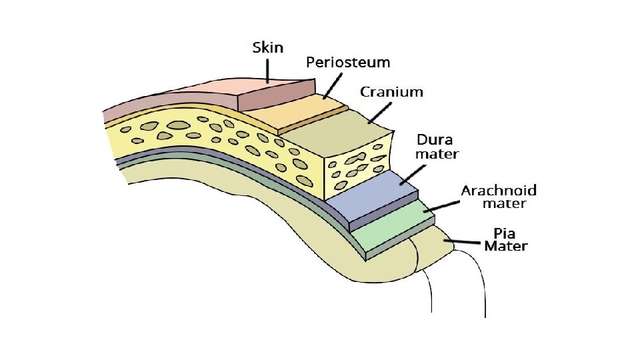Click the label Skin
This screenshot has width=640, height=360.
pos(268,47)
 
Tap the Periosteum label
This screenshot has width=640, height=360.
pos(348,63)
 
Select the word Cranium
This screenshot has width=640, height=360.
pos(391,92)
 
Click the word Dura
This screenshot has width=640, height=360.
pos(435,140)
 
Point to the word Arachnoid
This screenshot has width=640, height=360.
pos(499,191)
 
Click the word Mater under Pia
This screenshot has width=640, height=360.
pos(506,246)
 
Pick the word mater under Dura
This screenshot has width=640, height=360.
pos(437,154)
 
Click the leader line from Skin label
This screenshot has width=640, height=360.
pos(268,69)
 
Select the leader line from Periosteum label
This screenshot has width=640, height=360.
pos(333,85)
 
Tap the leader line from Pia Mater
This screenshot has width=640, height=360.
pos(467,243)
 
